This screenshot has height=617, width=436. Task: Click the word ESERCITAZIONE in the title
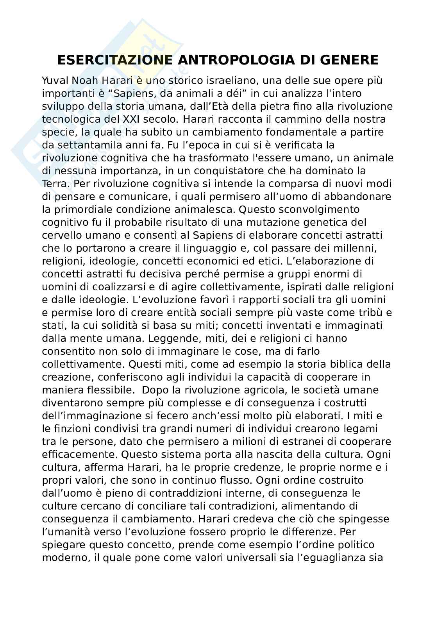pos(114,60)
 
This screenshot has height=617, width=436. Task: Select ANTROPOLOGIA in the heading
pos(236,60)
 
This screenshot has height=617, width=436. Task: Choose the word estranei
pos(290,442)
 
